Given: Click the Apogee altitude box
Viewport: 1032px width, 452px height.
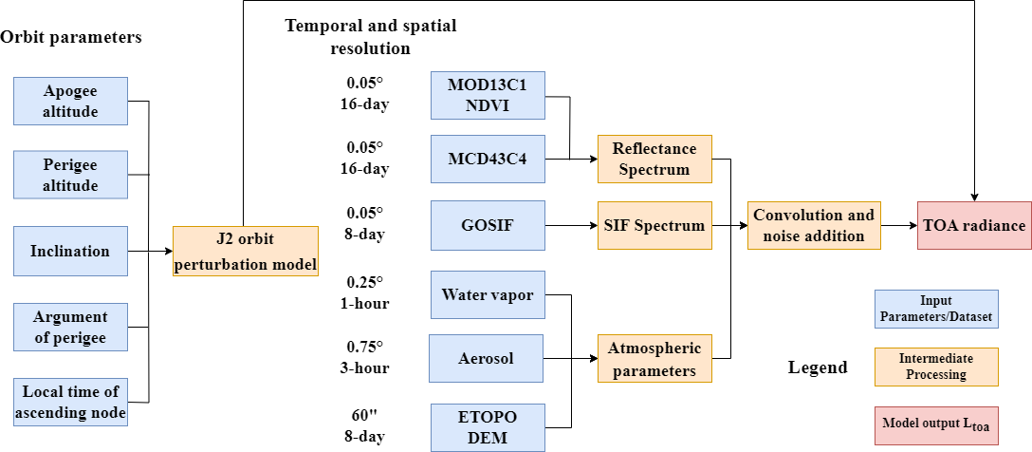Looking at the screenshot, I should coord(70,102).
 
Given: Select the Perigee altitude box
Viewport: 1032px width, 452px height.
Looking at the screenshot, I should coord(70,175).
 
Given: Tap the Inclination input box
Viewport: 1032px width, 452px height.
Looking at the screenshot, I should coord(70,252).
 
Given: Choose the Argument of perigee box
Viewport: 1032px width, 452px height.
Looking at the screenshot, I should coord(70,328).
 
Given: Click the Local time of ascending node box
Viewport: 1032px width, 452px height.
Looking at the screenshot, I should coord(70,403).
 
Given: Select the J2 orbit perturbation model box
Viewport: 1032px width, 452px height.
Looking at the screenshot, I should coord(245,252).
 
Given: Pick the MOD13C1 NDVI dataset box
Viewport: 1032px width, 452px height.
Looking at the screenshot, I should coord(488,95).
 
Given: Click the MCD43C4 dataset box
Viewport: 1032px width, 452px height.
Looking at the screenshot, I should coord(488,159).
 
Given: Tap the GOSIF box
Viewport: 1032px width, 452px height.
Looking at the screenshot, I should coord(488,226).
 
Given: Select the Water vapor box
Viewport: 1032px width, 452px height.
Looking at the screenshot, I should coord(488,294).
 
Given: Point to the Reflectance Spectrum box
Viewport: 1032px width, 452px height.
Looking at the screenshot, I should coord(654,159).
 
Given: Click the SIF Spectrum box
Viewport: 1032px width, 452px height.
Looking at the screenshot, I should coord(654,226).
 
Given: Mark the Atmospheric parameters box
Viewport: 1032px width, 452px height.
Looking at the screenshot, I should coord(654,358).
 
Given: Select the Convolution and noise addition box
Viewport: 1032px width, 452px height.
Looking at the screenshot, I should coord(814,226).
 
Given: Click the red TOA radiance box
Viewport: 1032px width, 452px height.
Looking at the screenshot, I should coord(973,226).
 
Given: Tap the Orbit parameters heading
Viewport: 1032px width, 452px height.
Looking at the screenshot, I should coord(71,38).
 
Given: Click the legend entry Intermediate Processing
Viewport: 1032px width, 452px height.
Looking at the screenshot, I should coord(936,367).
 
